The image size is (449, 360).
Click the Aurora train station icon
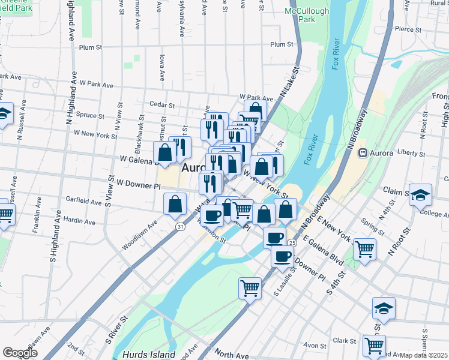363,153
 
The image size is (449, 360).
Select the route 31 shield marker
180,226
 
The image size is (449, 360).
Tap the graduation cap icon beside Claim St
421,195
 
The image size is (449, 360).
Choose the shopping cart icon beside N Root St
364,248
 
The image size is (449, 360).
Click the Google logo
20,353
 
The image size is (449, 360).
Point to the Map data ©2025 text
424,355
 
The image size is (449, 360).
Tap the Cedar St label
162,104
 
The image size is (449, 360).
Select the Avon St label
315,346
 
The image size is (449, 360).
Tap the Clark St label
345,341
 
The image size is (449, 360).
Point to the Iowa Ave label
162,67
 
